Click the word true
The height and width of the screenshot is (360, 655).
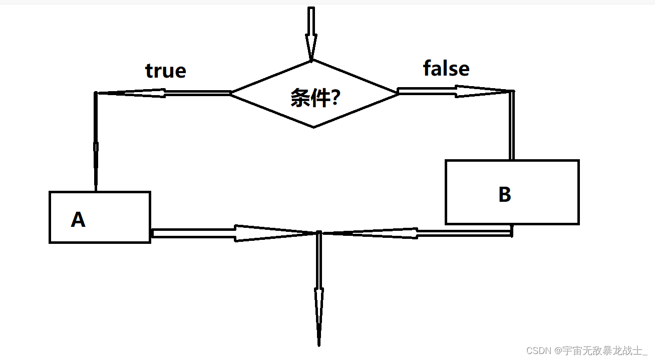coord(166,71)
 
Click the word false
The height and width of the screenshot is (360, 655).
coord(446,68)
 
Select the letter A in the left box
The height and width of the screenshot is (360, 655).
coord(78,219)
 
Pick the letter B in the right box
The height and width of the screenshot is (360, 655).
coord(505,194)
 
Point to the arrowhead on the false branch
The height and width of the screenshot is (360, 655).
coord(481,91)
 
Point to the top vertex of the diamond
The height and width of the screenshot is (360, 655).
coord(312,61)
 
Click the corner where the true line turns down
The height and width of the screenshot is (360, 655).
coord(96,93)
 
